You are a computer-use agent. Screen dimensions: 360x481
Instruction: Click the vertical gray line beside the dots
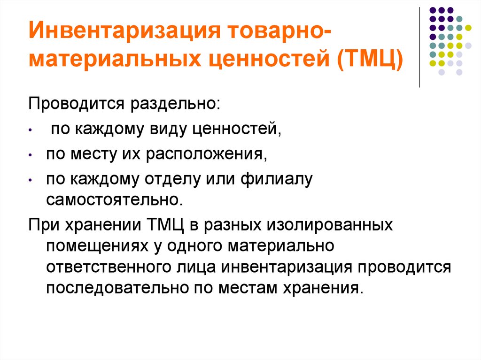coord(419,47)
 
